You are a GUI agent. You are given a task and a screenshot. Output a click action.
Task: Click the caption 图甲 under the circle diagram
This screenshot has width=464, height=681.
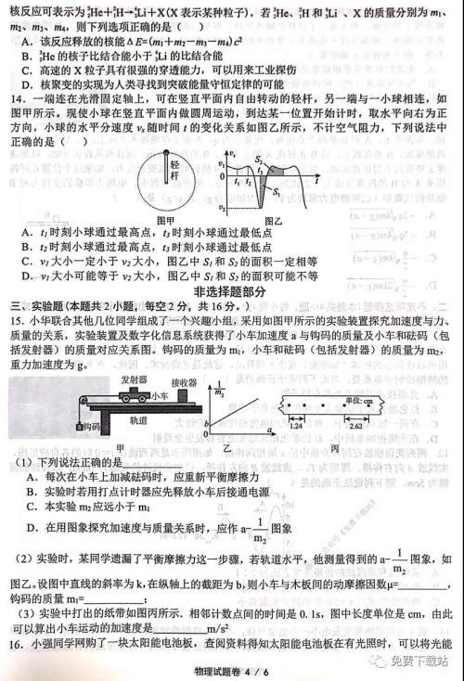coord(166,220)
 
